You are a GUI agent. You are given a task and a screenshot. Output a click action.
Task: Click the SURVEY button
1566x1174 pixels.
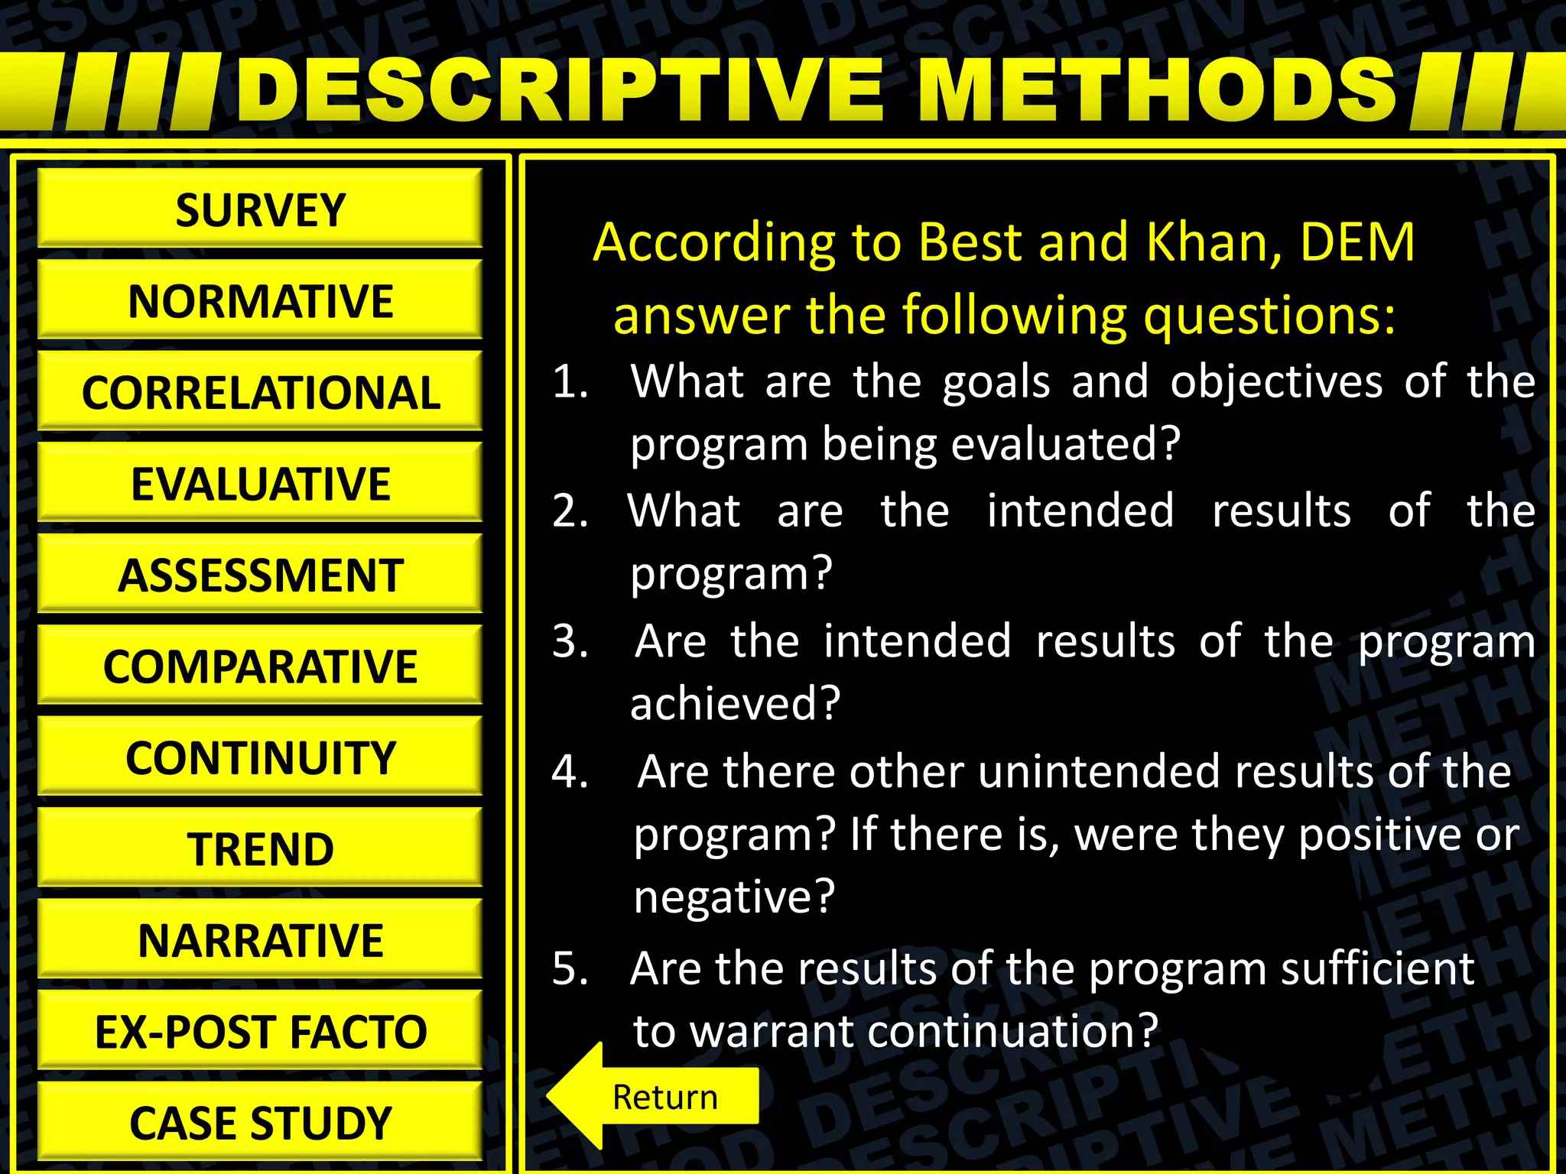click(260, 209)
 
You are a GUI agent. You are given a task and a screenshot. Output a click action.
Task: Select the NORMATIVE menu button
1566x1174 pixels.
click(260, 300)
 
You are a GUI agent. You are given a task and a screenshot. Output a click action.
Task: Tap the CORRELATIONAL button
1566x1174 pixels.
click(260, 392)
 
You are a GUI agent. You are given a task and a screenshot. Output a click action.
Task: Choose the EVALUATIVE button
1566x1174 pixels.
click(260, 483)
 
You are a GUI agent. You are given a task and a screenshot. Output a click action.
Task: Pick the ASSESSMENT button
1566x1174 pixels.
click(260, 575)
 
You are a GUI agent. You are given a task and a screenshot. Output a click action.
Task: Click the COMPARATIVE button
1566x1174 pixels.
click(260, 666)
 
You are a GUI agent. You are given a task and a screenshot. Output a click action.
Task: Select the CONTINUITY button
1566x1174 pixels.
click(260, 757)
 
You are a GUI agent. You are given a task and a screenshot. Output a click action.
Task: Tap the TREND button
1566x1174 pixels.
click(260, 848)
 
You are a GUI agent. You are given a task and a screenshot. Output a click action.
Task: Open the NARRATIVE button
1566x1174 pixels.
click(260, 940)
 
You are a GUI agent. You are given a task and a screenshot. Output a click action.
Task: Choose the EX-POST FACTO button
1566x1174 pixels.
click(260, 1031)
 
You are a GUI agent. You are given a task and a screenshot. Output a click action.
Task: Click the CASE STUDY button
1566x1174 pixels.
click(260, 1123)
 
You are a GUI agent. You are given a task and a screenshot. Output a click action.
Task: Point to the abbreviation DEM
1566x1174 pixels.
click(1356, 242)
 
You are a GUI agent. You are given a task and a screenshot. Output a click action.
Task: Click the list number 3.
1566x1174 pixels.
click(570, 641)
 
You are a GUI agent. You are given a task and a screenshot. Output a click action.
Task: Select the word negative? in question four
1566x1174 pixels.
click(734, 897)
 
